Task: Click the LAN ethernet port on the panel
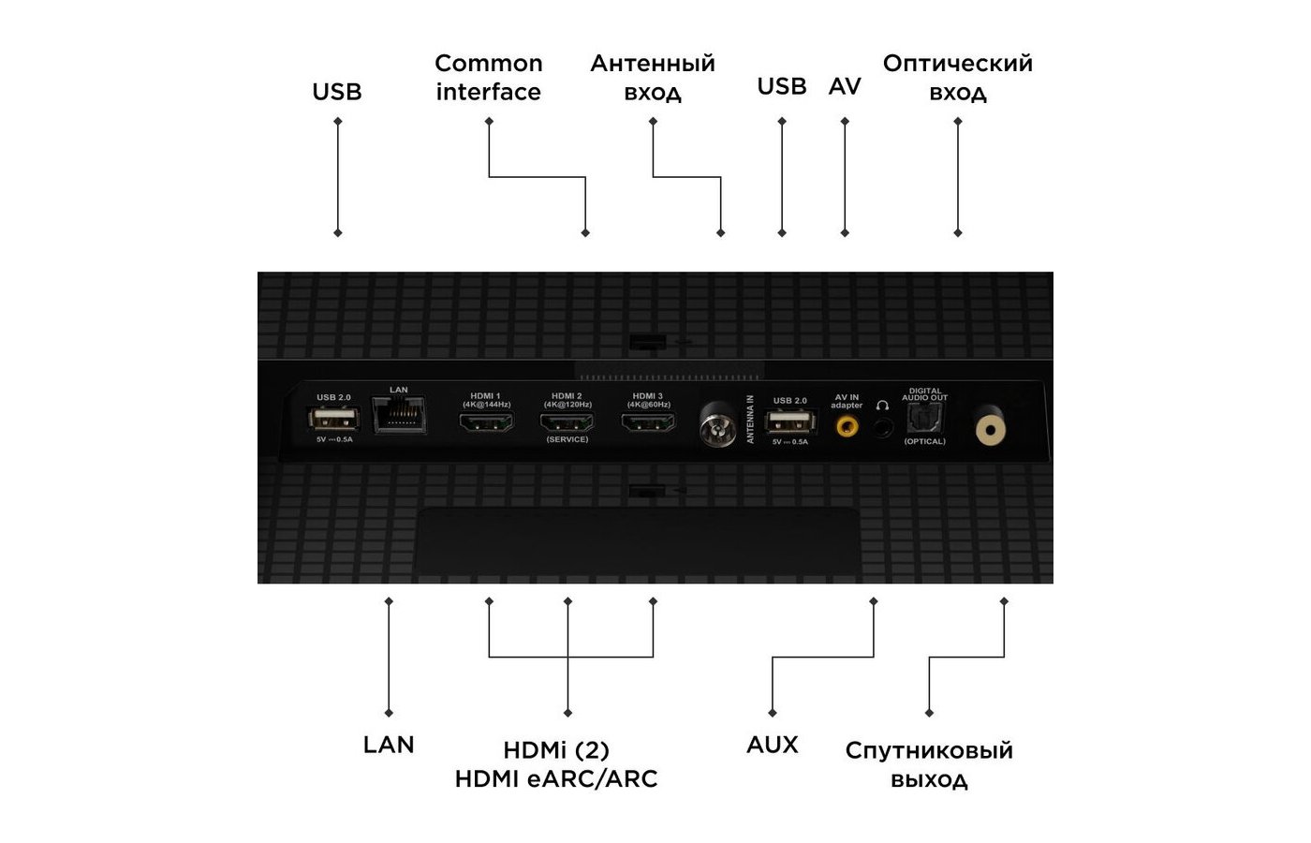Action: [x=400, y=414]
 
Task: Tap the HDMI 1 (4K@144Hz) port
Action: [x=486, y=422]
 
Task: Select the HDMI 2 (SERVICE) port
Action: [x=567, y=422]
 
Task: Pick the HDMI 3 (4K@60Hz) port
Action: [x=648, y=422]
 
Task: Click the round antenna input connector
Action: [x=718, y=427]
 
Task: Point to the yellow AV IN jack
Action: [x=847, y=427]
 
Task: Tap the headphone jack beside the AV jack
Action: [x=882, y=428]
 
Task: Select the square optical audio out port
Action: [x=925, y=420]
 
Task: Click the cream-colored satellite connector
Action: [x=991, y=428]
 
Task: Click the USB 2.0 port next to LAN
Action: [x=333, y=419]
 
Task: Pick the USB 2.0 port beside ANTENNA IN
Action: [x=790, y=421]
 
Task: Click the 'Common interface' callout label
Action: [x=488, y=78]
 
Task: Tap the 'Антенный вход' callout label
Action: [x=653, y=78]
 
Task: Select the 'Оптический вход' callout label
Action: [x=957, y=78]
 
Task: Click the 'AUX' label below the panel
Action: [x=773, y=745]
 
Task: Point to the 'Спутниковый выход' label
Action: [x=929, y=764]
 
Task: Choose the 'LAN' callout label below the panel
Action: [x=389, y=745]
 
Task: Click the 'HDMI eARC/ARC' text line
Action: [x=556, y=778]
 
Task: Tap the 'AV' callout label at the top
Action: [x=845, y=86]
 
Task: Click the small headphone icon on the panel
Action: [x=882, y=406]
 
